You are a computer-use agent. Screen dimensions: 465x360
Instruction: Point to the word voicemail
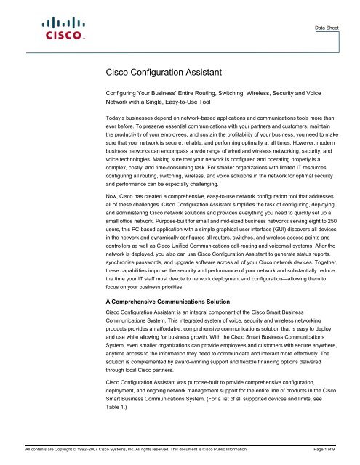pyautogui.click(x=287, y=254)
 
